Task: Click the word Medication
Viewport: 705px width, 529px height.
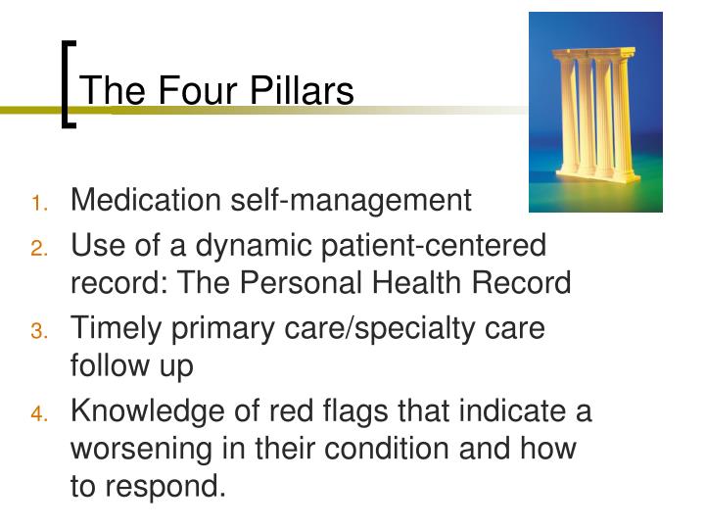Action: pos(148,201)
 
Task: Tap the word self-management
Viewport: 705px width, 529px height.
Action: pos(352,201)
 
